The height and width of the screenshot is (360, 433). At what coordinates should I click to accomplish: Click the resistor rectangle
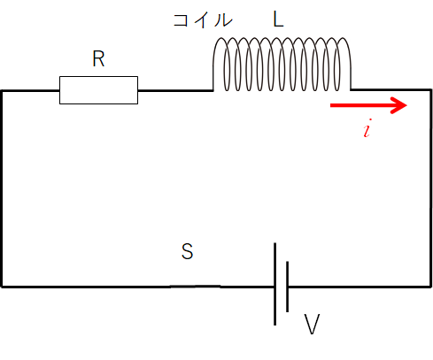(x=98, y=90)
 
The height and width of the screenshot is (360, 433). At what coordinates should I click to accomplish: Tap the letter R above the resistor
(x=98, y=59)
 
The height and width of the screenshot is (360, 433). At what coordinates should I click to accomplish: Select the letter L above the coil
(x=278, y=20)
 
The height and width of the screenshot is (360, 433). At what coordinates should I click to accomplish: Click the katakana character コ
(x=181, y=20)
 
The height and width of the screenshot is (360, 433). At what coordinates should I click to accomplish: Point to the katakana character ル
(x=223, y=20)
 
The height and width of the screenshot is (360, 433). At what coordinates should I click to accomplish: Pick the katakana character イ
(x=202, y=20)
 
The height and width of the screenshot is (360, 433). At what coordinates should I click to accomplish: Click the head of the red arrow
(x=400, y=105)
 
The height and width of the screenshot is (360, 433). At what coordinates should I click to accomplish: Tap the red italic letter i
(x=367, y=128)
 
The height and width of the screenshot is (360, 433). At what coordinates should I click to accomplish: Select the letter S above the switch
(x=188, y=251)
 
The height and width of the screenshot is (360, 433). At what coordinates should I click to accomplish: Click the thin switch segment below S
(x=196, y=286)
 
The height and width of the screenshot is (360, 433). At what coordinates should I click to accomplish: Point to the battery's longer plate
(x=275, y=284)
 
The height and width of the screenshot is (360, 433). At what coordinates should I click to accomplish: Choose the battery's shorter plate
(x=287, y=287)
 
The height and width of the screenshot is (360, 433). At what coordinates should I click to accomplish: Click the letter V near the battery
(x=312, y=324)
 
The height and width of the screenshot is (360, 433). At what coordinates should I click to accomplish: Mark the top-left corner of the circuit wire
(x=3, y=91)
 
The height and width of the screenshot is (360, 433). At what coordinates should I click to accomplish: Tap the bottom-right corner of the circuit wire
(x=430, y=286)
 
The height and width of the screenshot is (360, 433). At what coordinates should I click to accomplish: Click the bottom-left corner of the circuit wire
(x=3, y=286)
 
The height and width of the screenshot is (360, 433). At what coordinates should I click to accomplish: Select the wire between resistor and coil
(x=175, y=90)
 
